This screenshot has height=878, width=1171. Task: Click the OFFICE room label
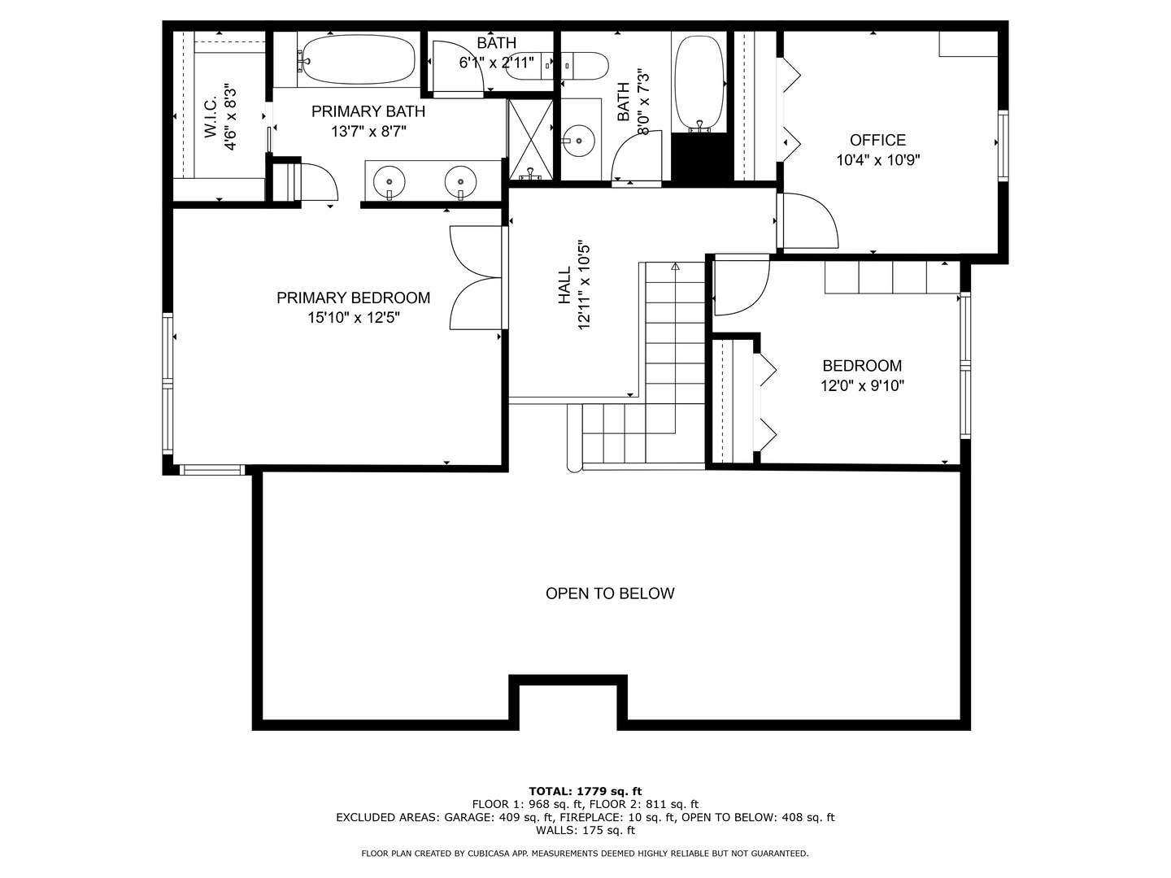point(877,140)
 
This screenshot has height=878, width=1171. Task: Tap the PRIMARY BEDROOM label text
point(353,298)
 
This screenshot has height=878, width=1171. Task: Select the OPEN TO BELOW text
point(609,593)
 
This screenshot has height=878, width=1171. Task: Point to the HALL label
point(564,287)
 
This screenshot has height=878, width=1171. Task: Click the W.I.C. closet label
point(211,118)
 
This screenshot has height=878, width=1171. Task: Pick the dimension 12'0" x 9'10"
point(862,386)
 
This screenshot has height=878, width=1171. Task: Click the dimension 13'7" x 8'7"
point(368,131)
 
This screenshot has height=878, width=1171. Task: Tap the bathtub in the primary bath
point(355,59)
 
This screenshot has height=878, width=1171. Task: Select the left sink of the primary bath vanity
point(390,180)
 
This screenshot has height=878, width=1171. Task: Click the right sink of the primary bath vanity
point(460,180)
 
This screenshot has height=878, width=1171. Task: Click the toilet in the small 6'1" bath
point(559,65)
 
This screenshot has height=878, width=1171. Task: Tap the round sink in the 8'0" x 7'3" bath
point(578,141)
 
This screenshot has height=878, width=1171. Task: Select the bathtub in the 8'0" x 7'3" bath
point(699,82)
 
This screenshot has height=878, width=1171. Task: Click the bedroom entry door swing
point(740,285)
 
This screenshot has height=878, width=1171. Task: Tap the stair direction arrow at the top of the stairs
point(674,266)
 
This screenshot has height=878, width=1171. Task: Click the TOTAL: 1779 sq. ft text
point(585,791)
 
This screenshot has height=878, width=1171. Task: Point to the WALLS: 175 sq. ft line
point(585,830)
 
